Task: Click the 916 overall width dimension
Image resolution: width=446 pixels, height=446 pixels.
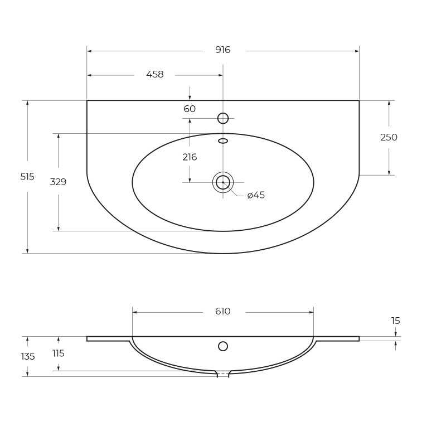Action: pyautogui.click(x=222, y=50)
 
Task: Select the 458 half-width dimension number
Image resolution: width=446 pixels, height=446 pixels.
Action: pyautogui.click(x=155, y=74)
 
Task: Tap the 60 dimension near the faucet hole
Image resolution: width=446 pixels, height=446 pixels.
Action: pyautogui.click(x=190, y=109)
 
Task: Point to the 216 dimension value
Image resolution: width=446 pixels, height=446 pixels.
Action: pyautogui.click(x=190, y=157)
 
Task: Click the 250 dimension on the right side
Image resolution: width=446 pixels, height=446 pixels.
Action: pyautogui.click(x=389, y=137)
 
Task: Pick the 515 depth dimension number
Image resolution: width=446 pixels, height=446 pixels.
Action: pyautogui.click(x=27, y=177)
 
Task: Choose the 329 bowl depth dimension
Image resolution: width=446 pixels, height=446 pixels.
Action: pyautogui.click(x=58, y=182)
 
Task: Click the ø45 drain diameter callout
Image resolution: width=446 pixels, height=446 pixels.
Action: pyautogui.click(x=256, y=195)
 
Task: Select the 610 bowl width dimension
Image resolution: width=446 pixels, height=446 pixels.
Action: pyautogui.click(x=222, y=311)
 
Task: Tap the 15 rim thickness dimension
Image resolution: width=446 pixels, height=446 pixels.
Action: pyautogui.click(x=396, y=321)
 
